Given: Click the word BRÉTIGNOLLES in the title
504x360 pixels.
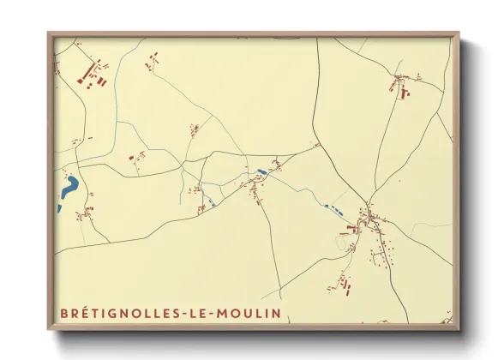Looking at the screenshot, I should click(x=119, y=313).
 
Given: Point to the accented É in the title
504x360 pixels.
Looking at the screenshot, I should click(x=79, y=312).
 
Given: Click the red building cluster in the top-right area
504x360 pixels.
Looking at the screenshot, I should click(x=401, y=83).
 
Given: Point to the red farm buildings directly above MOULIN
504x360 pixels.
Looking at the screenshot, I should click(x=345, y=280).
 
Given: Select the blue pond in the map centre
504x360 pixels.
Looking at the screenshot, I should click(x=261, y=171).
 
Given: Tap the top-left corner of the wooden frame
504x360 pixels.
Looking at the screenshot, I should click(x=49, y=34).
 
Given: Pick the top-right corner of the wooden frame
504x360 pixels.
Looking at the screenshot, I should click(x=458, y=34).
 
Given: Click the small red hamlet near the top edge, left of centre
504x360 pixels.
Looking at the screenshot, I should click(x=153, y=60).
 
